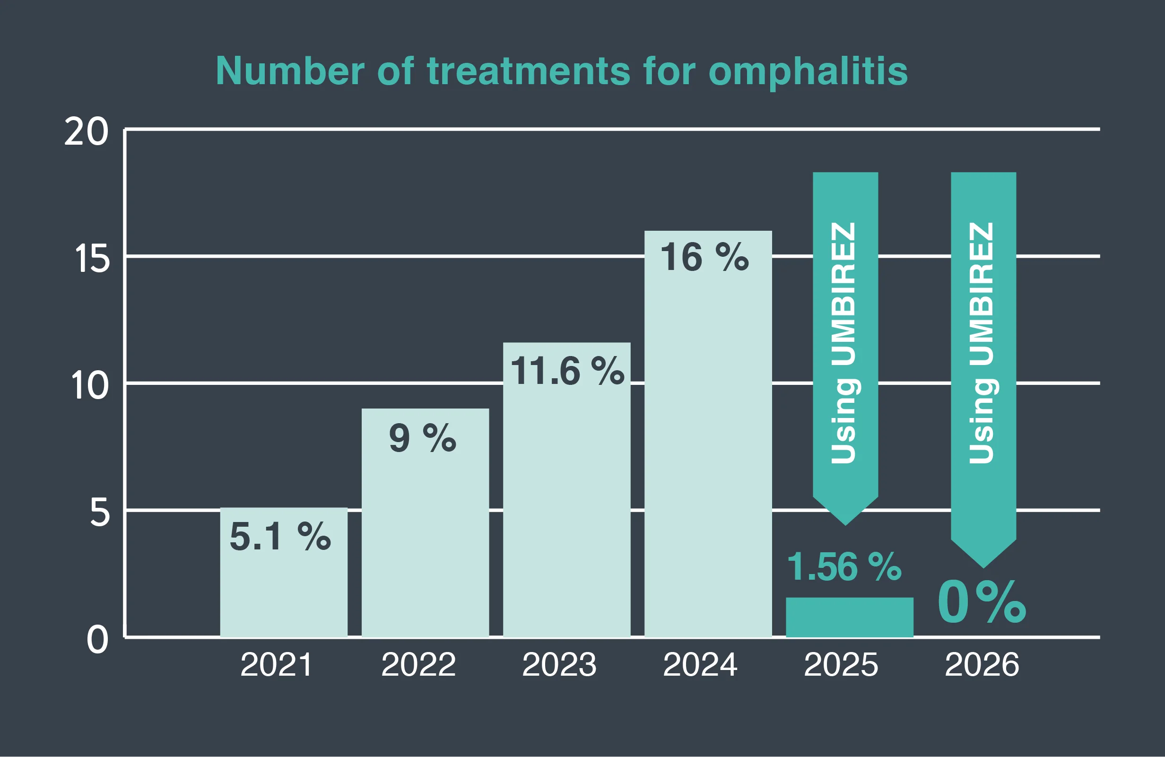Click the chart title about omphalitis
click(x=561, y=71)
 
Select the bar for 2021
click(x=284, y=573)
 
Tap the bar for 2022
click(x=426, y=523)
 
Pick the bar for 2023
click(x=567, y=490)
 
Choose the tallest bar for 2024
click(x=708, y=434)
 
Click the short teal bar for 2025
click(x=850, y=618)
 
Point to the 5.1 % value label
click(x=280, y=537)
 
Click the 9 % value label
click(x=422, y=438)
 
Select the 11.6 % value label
click(x=567, y=371)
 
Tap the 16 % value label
click(x=705, y=257)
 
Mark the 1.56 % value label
click(x=844, y=566)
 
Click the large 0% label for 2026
click(x=982, y=602)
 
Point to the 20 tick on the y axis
click(x=86, y=132)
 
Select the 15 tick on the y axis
click(x=92, y=259)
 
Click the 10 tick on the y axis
click(x=89, y=386)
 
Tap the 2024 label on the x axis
click(x=700, y=665)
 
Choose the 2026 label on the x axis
click(x=982, y=665)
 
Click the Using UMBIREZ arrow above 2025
click(x=845, y=348)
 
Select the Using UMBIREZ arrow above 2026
click(x=983, y=370)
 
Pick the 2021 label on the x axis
click(x=276, y=665)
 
